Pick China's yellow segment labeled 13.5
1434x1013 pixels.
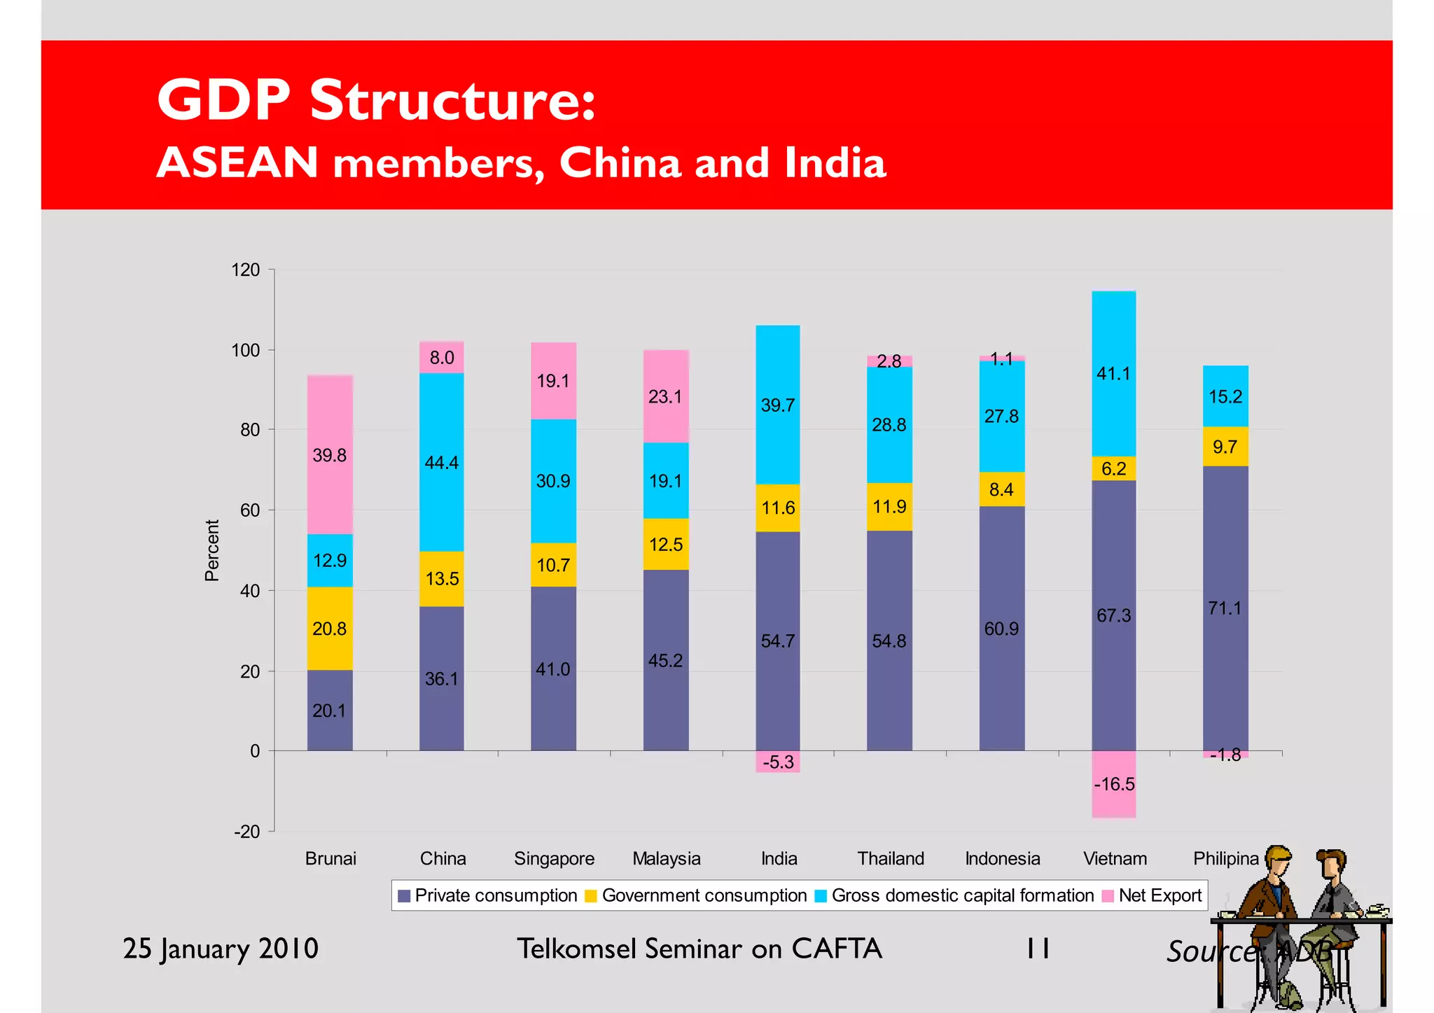(x=442, y=578)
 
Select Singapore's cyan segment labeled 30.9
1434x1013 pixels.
(x=553, y=481)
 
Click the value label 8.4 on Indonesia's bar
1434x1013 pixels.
(x=1001, y=489)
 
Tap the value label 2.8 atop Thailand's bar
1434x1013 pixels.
(x=889, y=361)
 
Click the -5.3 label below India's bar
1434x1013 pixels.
(x=778, y=762)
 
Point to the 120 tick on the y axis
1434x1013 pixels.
(x=246, y=270)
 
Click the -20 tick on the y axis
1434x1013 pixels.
(x=246, y=832)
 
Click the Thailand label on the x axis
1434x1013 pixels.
(x=891, y=858)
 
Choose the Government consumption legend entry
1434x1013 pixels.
(x=704, y=895)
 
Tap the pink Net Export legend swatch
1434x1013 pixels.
(x=1108, y=896)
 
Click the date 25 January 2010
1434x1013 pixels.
(x=221, y=949)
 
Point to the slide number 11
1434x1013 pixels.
(x=1038, y=949)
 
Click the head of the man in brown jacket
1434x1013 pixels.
(x=1279, y=862)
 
